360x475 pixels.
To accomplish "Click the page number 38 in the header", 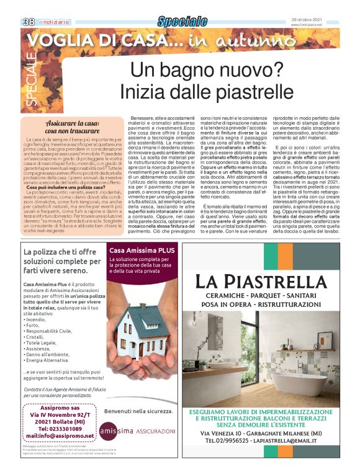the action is pyautogui.click(x=29, y=22).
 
